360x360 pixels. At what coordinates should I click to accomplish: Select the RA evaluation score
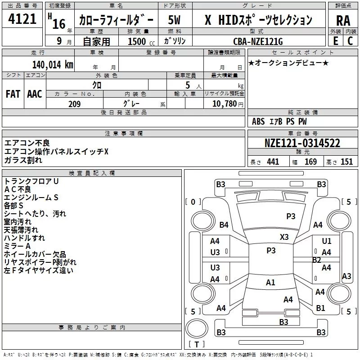point(343,20)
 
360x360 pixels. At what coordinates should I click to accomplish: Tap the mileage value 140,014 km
point(53,65)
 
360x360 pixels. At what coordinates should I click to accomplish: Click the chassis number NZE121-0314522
point(302,144)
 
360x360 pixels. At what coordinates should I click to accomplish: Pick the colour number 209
point(74,104)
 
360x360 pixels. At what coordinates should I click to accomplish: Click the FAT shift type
point(13,94)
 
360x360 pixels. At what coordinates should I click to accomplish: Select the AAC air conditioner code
point(35,94)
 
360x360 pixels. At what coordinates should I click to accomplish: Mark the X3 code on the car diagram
point(284,237)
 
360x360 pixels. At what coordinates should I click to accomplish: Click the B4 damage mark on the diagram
point(224,225)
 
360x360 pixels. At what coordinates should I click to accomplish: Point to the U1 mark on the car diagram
point(327,241)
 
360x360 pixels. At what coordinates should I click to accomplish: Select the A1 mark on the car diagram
point(270,283)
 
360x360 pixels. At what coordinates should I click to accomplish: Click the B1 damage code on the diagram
point(320,308)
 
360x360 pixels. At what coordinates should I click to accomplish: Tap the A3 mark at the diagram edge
point(346,276)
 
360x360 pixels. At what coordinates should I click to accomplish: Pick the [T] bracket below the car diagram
point(197,345)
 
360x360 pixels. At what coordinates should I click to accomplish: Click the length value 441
point(273,162)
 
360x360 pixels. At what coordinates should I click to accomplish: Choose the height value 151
point(346,162)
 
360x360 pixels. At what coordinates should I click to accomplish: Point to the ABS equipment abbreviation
point(259,121)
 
